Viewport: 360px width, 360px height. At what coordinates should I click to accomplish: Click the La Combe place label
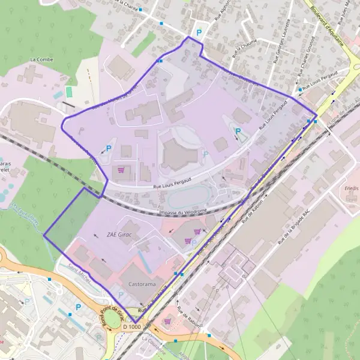coord(41,60)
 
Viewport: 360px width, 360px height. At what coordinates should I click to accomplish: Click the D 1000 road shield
coord(131,326)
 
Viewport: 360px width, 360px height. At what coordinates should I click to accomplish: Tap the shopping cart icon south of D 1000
coord(167,321)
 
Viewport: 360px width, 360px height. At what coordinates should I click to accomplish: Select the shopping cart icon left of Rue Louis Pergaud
coord(123,170)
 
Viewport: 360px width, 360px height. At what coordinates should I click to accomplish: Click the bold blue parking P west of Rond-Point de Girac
coord(77,307)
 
